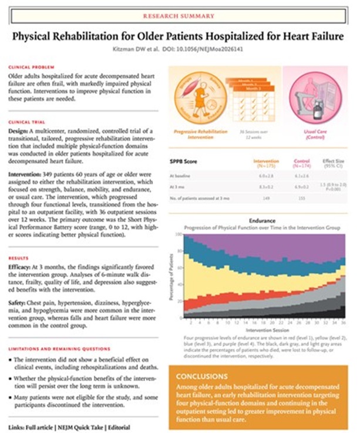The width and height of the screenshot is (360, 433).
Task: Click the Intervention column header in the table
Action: [265, 160]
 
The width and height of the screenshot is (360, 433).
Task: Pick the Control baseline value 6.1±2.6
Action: [301, 175]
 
